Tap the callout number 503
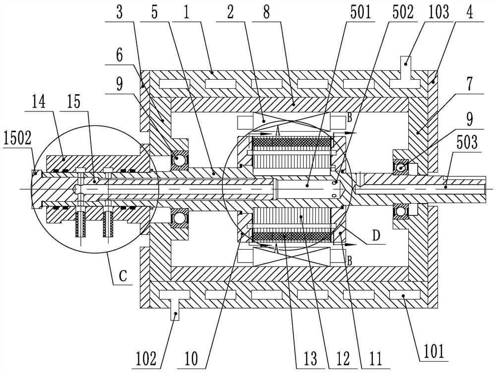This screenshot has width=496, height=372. click(467, 143)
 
